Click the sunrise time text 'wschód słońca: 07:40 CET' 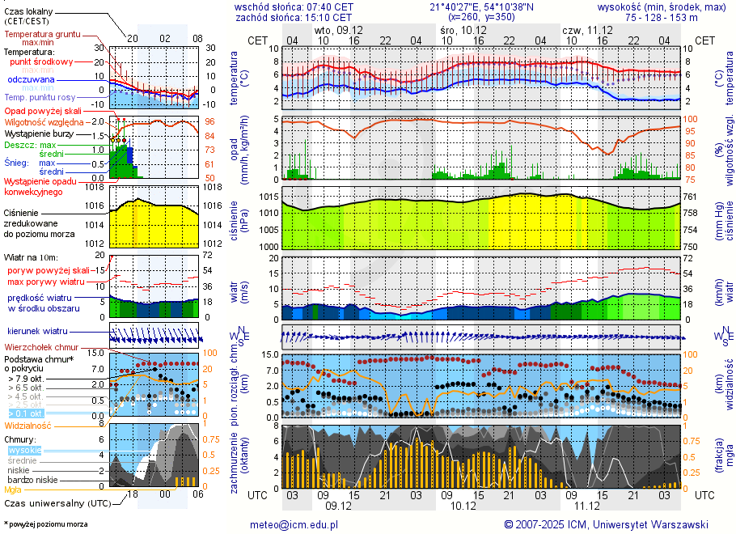pyautogui.click(x=294, y=6)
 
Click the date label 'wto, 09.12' pyautogui.click(x=338, y=29)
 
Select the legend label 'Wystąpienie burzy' pyautogui.click(x=42, y=133)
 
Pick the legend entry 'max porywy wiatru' pyautogui.click(x=46, y=282)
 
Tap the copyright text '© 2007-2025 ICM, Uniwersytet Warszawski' pyautogui.click(x=606, y=524)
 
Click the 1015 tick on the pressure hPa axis pyautogui.click(x=268, y=197)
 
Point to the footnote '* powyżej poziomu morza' pyautogui.click(x=45, y=524)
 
